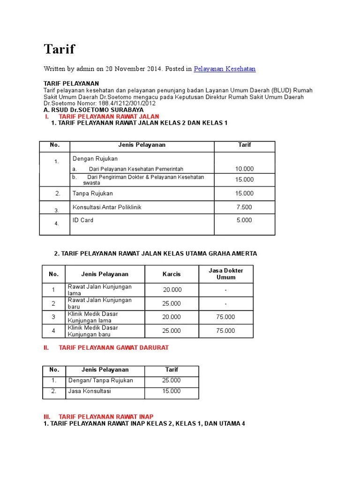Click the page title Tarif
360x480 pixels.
59,49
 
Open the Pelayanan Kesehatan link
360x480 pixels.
225,69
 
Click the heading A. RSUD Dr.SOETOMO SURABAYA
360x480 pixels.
93,110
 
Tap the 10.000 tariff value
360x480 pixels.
244,169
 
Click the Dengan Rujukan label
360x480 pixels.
95,158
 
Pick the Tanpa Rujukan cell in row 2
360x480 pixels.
93,193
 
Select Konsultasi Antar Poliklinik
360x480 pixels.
107,207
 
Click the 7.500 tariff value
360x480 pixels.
244,207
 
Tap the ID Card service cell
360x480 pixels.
83,220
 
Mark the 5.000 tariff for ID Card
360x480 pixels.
244,220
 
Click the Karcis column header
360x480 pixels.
171,274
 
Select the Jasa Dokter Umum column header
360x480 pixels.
226,274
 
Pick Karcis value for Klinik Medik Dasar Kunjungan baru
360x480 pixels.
172,330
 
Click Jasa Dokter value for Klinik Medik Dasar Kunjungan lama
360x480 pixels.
226,317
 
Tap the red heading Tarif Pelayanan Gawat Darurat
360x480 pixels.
113,347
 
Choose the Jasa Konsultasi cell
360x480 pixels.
90,391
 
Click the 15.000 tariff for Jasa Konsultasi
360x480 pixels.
172,391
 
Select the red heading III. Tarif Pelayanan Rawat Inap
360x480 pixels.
105,416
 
